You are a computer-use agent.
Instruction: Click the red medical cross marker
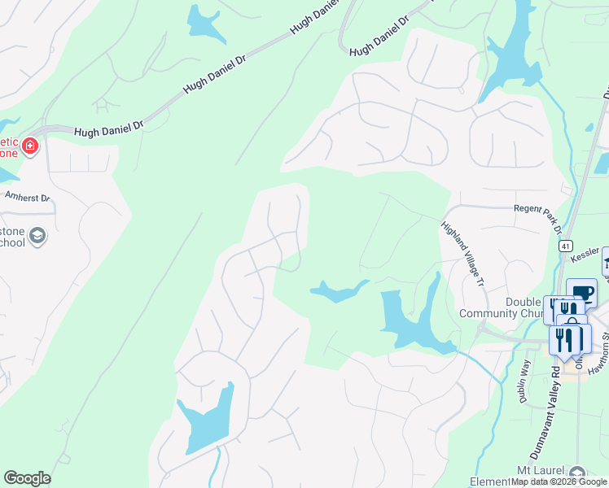tap(30, 146)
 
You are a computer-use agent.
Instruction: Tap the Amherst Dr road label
tap(27, 198)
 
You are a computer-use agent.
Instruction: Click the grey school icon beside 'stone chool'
tap(37, 237)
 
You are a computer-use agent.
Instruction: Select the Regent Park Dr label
tap(537, 209)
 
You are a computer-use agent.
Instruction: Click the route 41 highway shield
tap(567, 246)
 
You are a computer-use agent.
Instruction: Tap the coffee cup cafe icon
tap(583, 292)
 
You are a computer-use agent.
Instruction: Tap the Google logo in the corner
tap(27, 478)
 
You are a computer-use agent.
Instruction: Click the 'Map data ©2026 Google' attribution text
tap(559, 482)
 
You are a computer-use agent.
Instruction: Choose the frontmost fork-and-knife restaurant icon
tap(563, 338)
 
